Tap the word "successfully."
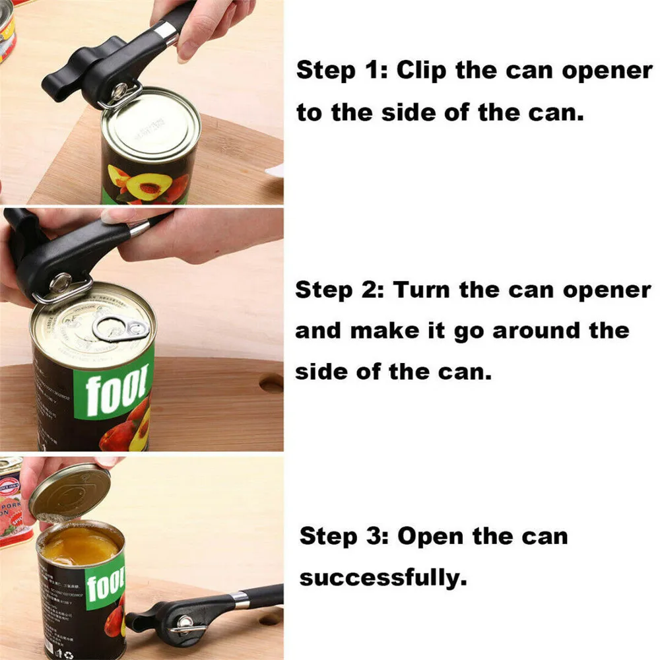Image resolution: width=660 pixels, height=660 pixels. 383,578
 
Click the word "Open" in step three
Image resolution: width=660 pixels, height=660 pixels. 432,537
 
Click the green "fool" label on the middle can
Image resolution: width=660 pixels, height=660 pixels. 112,390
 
